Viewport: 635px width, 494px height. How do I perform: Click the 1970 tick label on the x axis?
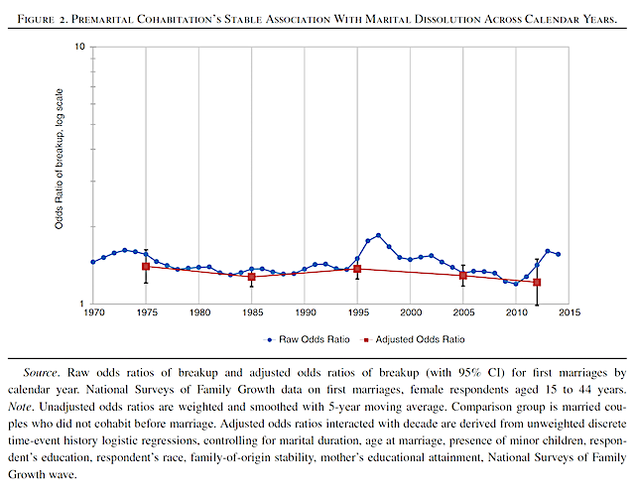click(x=93, y=313)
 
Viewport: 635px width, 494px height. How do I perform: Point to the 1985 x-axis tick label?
click(x=252, y=313)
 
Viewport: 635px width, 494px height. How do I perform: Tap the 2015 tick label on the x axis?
click(x=569, y=313)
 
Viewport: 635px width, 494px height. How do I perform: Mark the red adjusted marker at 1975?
click(x=146, y=267)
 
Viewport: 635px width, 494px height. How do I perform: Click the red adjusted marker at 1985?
click(x=252, y=277)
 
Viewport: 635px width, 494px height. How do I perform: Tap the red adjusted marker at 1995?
click(x=357, y=269)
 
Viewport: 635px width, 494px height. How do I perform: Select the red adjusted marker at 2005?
click(x=463, y=276)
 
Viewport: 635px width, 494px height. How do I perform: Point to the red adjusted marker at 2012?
click(x=537, y=283)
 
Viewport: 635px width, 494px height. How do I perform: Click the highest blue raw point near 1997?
click(x=378, y=236)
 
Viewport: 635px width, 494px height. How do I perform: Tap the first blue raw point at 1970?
click(x=93, y=262)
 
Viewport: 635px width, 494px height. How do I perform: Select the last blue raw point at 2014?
click(x=559, y=254)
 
